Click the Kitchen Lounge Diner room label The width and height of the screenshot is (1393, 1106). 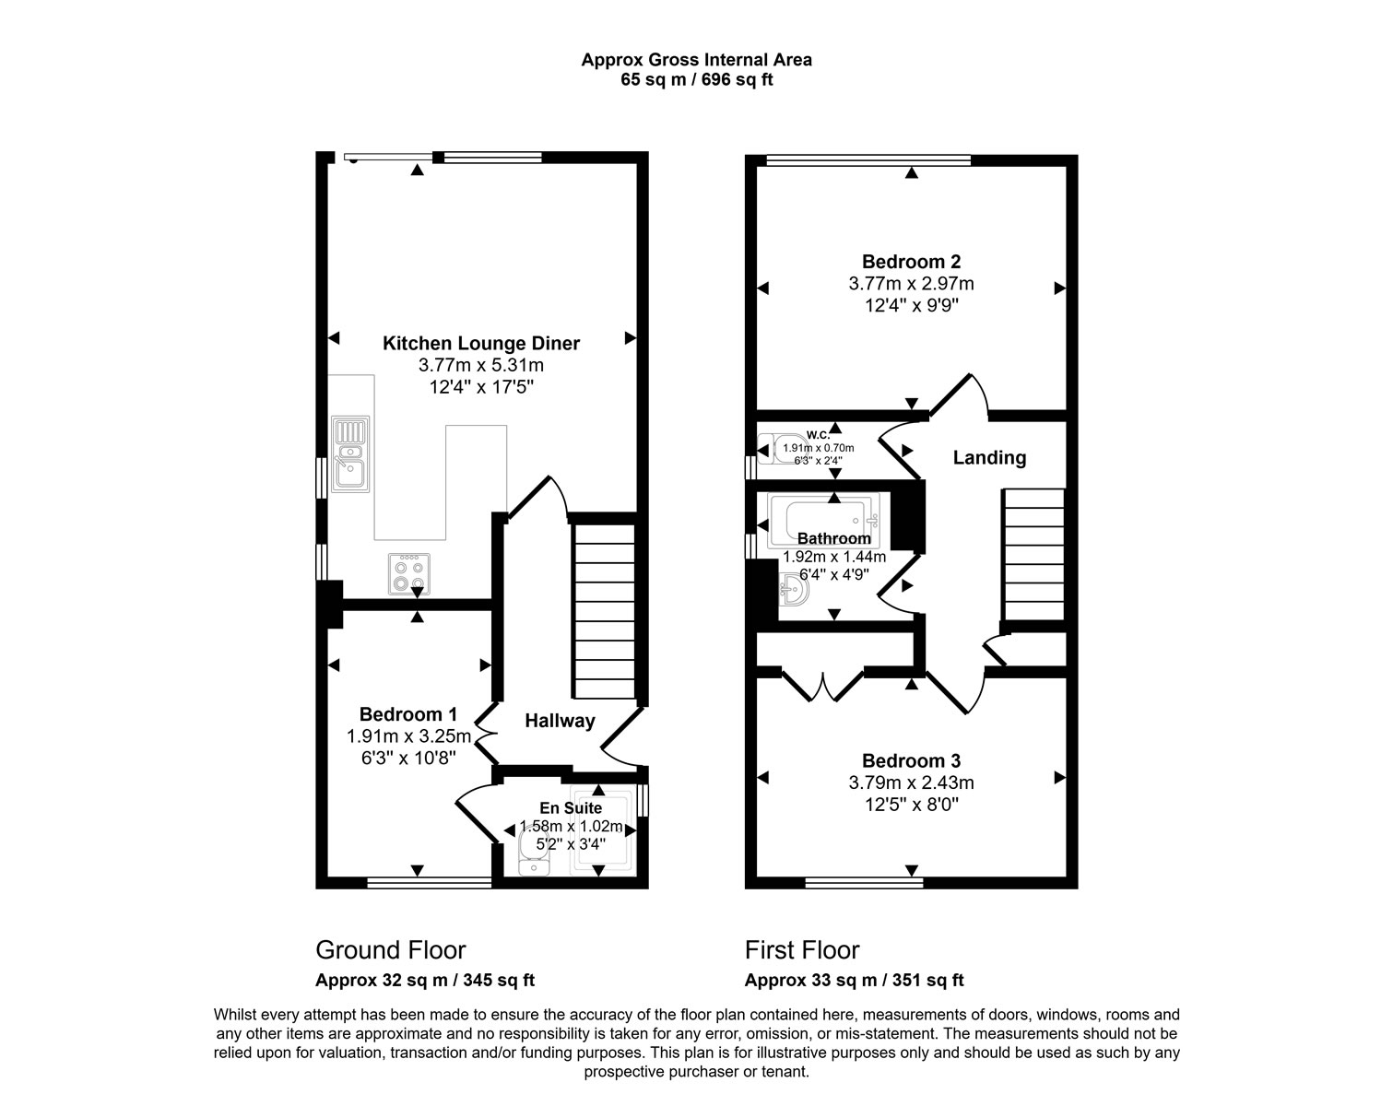(x=481, y=343)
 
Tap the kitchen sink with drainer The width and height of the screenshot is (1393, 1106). (x=350, y=453)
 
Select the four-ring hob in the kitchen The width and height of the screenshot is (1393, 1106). (x=409, y=574)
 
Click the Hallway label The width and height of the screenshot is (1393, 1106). (x=560, y=721)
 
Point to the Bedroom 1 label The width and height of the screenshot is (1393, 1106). (x=407, y=713)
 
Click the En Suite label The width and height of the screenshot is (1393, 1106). (x=571, y=807)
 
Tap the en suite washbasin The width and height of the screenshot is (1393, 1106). (x=534, y=852)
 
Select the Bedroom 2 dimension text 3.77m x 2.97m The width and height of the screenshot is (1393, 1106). (x=912, y=284)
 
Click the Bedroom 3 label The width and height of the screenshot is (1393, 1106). (x=912, y=760)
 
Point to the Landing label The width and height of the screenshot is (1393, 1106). (x=990, y=457)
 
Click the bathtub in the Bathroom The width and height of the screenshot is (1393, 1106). (x=823, y=521)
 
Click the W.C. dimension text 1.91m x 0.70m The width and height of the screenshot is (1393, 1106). (x=819, y=448)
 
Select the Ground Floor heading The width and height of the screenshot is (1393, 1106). (x=390, y=950)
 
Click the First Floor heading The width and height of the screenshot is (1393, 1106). (x=802, y=950)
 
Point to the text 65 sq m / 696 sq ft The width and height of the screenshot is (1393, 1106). (x=697, y=79)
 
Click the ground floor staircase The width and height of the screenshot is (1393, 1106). (x=605, y=612)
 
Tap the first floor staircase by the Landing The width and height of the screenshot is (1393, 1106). (x=1033, y=555)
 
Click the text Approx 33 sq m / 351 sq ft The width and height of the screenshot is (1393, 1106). (x=855, y=981)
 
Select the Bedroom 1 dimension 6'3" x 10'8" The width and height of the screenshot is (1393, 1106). (x=408, y=758)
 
